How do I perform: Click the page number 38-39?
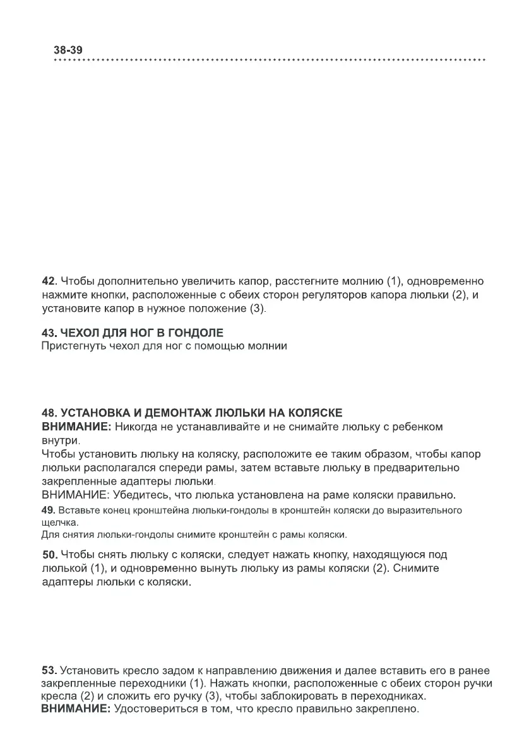tap(69, 50)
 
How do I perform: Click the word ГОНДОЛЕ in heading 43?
tap(196, 333)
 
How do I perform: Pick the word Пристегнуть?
tap(71, 346)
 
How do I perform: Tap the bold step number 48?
tap(49, 413)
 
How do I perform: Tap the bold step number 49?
tap(48, 510)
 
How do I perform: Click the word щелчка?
tap(60, 523)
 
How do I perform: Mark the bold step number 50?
tap(49, 555)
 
